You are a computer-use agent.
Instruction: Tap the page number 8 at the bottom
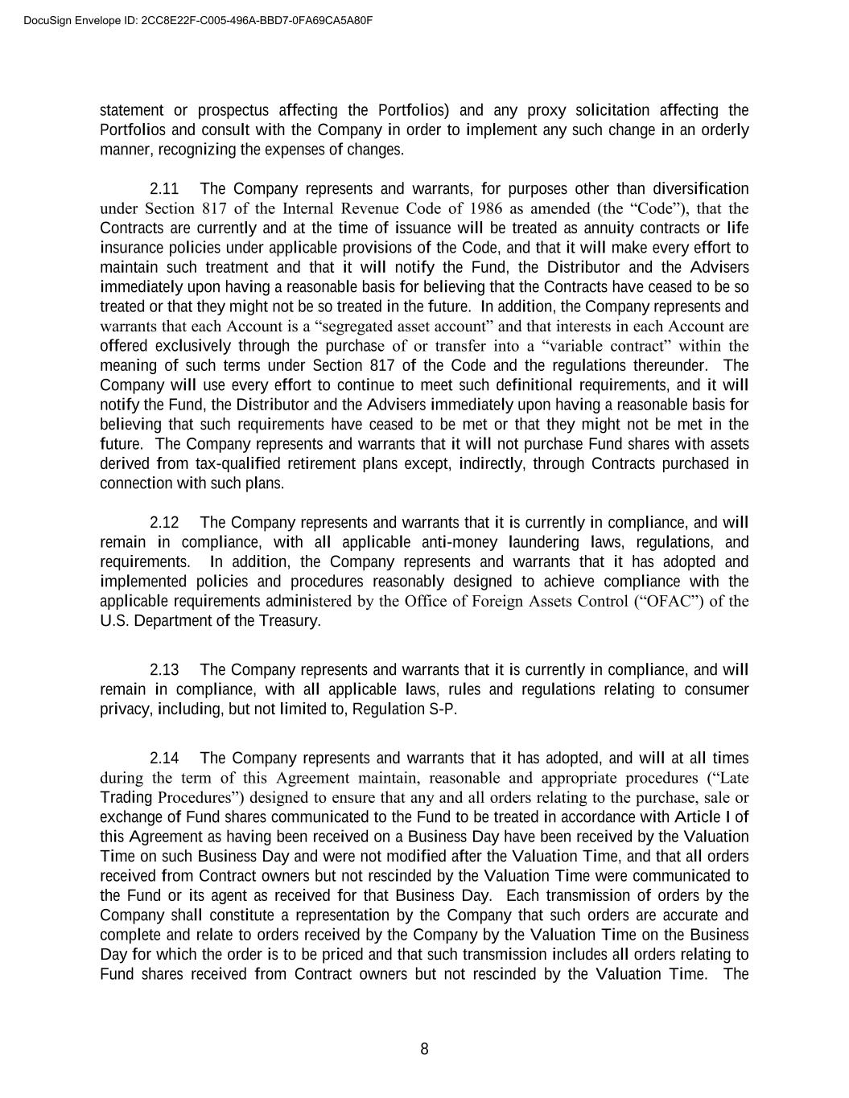pyautogui.click(x=424, y=1049)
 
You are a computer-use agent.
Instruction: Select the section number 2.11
pyautogui.click(x=164, y=189)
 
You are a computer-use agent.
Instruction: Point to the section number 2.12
pyautogui.click(x=164, y=523)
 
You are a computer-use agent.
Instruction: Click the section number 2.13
pyautogui.click(x=164, y=670)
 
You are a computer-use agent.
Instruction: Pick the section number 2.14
pyautogui.click(x=164, y=759)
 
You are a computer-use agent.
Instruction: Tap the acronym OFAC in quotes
pyautogui.click(x=666, y=602)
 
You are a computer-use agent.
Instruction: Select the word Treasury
pyautogui.click(x=290, y=621)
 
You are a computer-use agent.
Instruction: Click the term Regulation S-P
pyautogui.click(x=405, y=709)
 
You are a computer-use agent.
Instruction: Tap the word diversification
pyautogui.click(x=700, y=189)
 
